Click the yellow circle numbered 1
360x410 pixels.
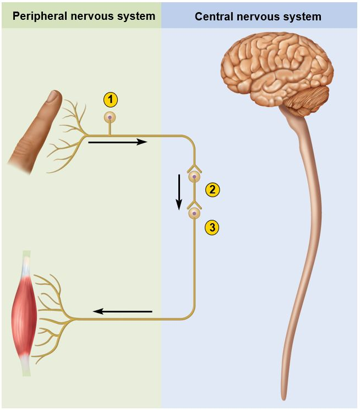111,100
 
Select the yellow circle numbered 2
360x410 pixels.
212,190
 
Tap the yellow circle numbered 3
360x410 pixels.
212,227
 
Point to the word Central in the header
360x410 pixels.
213,17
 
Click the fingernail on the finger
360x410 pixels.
53,98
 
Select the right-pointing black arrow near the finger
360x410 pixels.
117,142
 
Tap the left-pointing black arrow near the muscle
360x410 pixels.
122,311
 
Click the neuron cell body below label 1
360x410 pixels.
111,117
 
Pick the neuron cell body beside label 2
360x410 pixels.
194,177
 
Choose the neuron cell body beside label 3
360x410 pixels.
194,213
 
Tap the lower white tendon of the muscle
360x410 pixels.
26,364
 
